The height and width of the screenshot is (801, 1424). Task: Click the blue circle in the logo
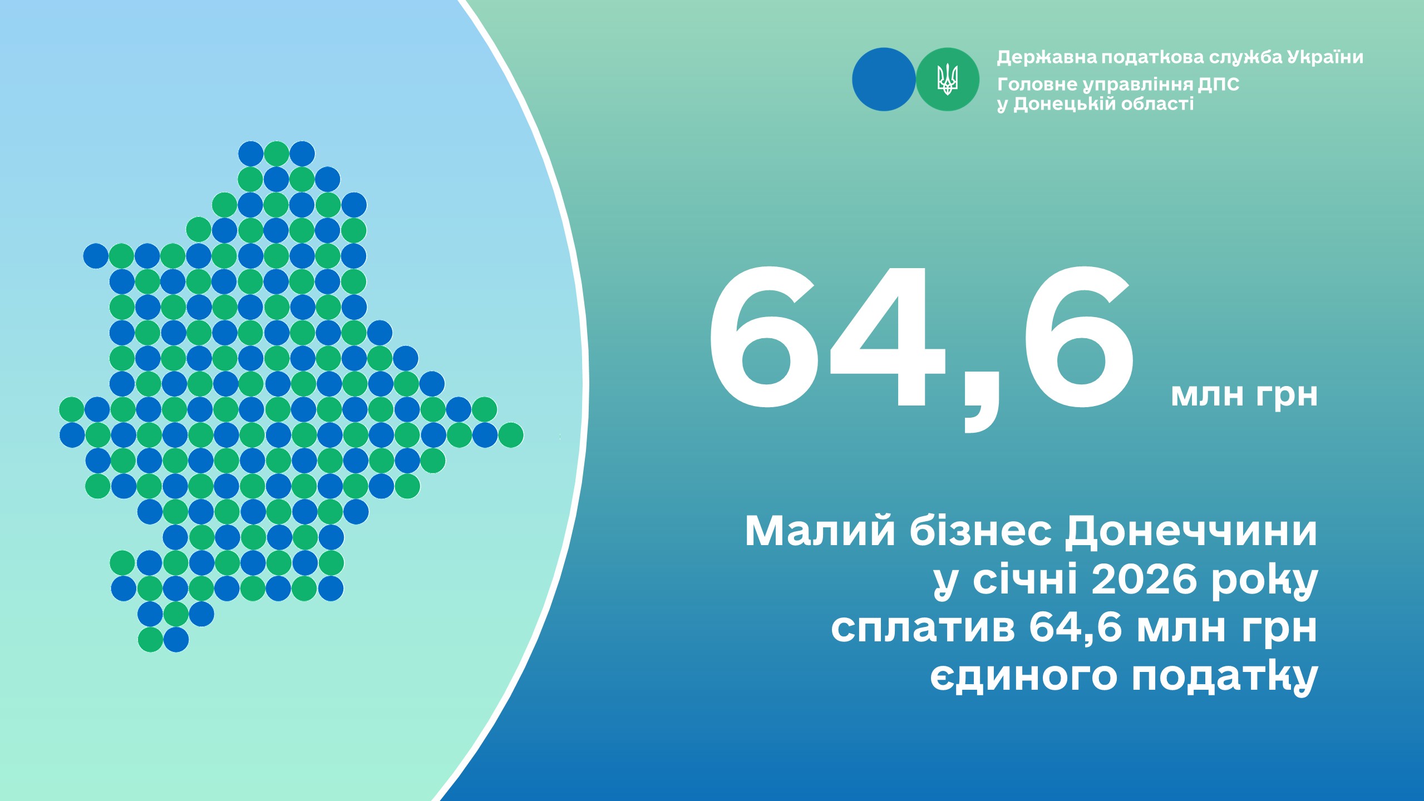[x=884, y=80]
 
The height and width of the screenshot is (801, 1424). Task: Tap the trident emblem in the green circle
[x=947, y=79]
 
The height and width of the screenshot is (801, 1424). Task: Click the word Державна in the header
[x=1046, y=57]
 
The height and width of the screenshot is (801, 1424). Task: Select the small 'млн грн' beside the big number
[x=1244, y=395]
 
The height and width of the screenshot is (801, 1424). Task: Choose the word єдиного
[x=1023, y=678]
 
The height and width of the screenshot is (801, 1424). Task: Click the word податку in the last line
[x=1225, y=678]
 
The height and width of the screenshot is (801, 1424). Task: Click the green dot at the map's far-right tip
[x=511, y=435]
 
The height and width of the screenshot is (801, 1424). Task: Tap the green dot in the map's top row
[x=277, y=154]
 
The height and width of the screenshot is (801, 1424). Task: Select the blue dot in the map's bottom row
[x=176, y=640]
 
